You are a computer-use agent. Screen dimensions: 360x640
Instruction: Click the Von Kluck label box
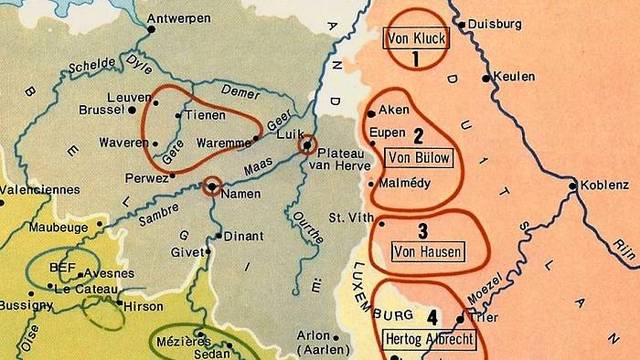tap(415, 39)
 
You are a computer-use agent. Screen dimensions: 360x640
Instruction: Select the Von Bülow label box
tap(418, 158)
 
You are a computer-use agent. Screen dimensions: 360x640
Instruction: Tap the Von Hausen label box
tap(429, 251)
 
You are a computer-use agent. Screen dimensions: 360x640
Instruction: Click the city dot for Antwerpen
tap(152, 30)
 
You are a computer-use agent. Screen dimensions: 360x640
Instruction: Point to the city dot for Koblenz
tap(573, 185)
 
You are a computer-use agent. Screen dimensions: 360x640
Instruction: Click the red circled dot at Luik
tap(307, 145)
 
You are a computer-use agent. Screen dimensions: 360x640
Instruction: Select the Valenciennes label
tap(37, 188)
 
